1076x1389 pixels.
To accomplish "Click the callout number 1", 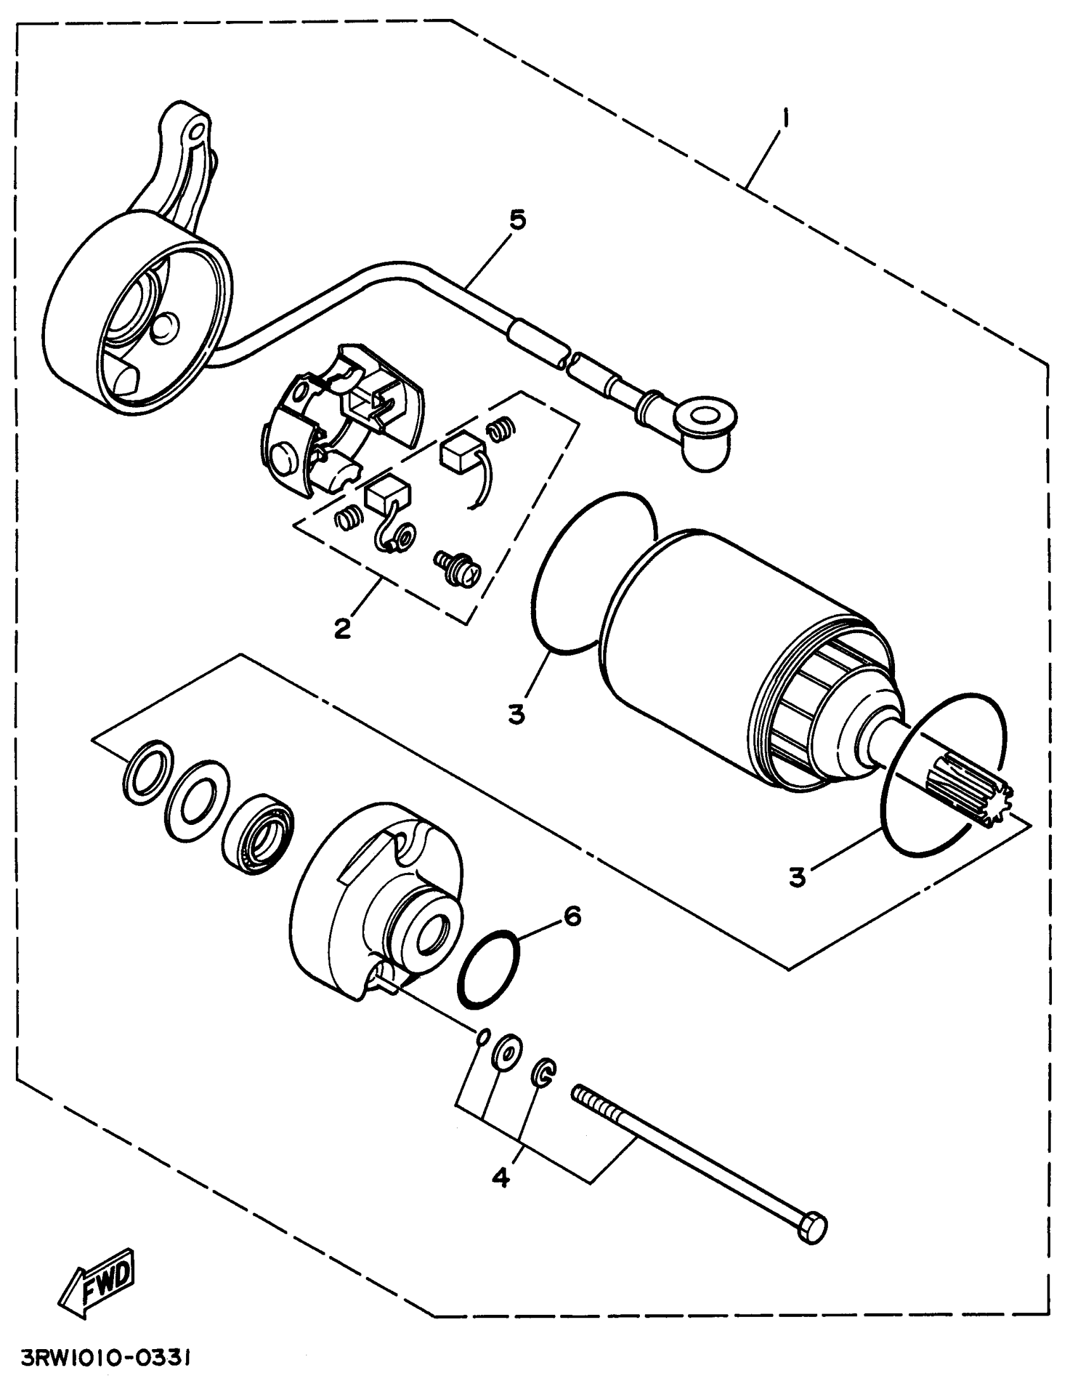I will [x=787, y=119].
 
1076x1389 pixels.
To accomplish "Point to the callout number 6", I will [x=572, y=917].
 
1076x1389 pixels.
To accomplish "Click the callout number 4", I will [x=501, y=1178].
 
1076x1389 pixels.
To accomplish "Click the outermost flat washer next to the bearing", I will [x=147, y=772].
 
